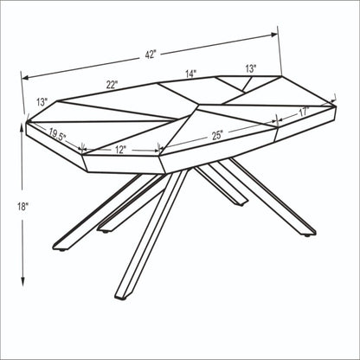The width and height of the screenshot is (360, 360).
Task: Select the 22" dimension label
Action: [x=112, y=85]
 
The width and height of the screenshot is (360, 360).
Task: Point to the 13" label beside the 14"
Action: [x=250, y=67]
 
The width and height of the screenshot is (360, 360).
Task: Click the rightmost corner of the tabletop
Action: [x=336, y=105]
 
